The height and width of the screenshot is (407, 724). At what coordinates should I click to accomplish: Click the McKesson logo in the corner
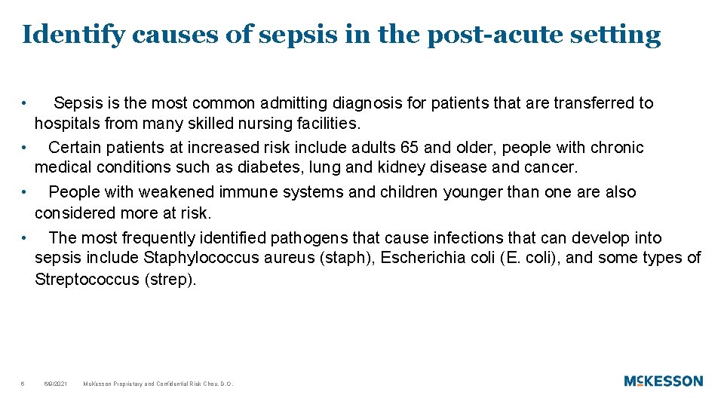663,381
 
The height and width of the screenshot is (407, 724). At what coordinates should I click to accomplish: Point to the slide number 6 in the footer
23,384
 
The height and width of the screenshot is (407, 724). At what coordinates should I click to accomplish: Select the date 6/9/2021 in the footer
56,384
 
